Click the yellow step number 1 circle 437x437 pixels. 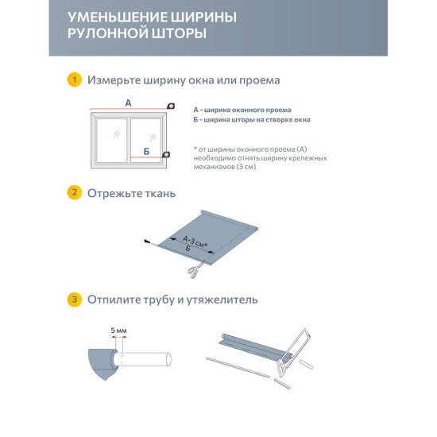pos(74,80)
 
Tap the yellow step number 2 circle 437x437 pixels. pos(74,193)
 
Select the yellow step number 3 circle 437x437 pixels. pos(74,300)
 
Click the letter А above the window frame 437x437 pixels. pos(128,102)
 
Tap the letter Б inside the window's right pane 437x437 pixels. pos(145,150)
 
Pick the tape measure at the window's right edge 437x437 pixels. pos(165,154)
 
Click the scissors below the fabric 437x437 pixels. pos(191,272)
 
